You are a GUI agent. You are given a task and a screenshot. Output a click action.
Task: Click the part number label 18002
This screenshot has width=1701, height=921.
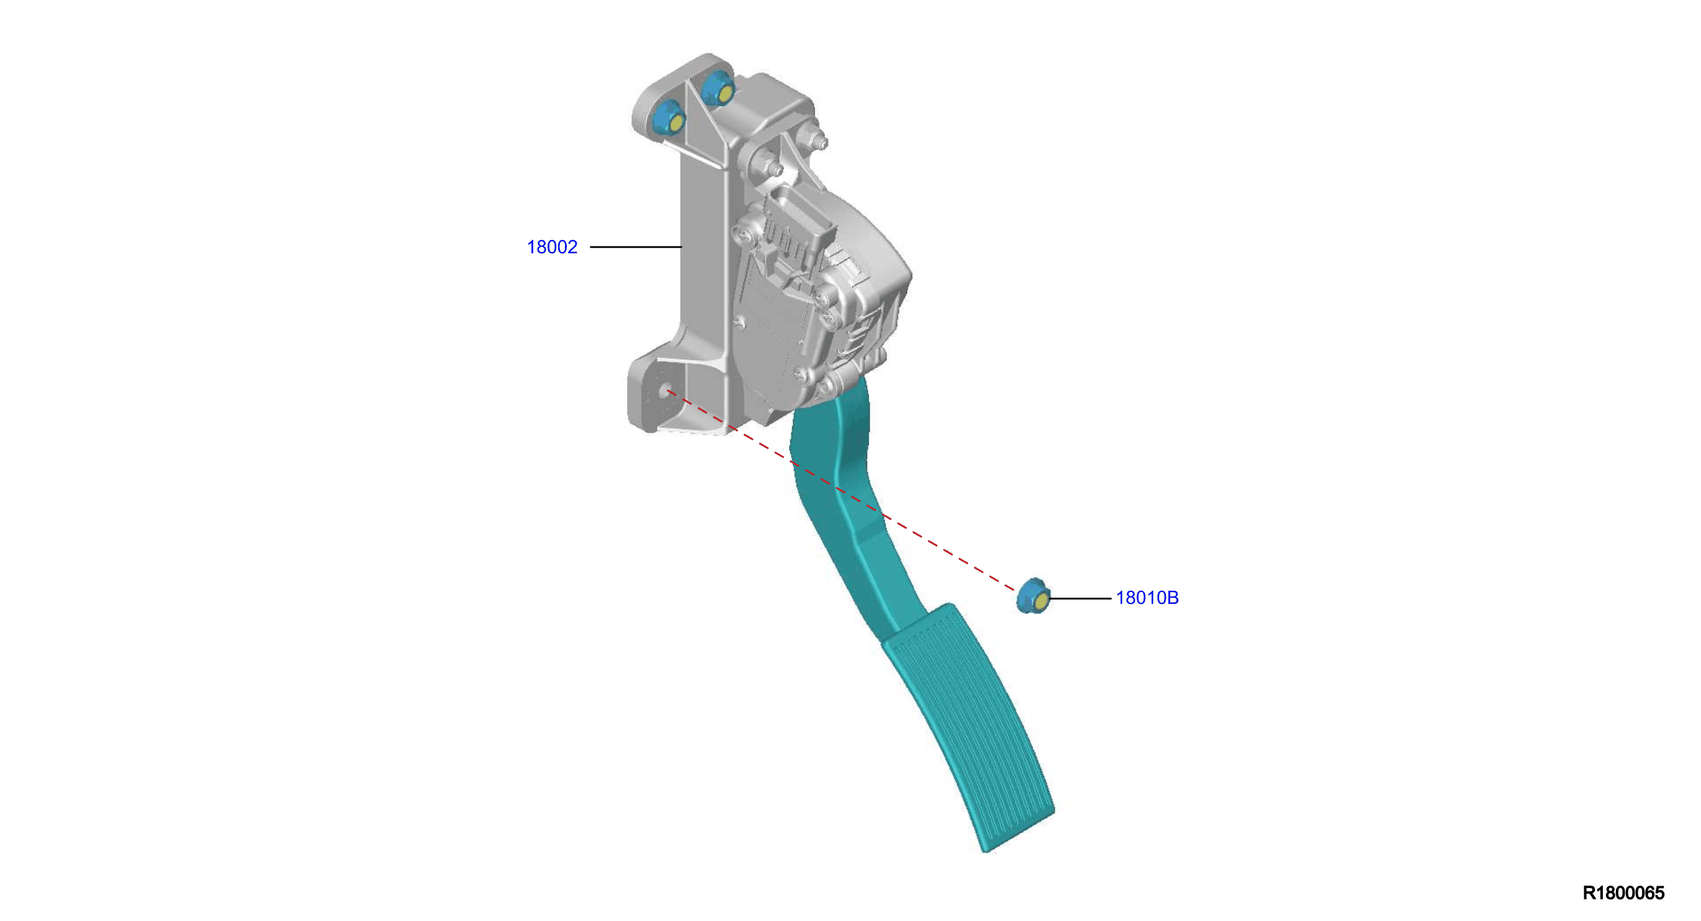552,247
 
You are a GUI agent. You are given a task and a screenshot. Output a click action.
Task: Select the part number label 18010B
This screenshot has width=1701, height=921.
1147,598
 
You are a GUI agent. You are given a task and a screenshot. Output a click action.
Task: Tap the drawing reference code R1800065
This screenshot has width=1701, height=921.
1623,892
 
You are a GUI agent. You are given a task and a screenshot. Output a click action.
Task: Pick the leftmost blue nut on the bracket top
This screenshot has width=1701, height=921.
667,120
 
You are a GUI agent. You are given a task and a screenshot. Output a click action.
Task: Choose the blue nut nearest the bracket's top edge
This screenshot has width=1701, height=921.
717,89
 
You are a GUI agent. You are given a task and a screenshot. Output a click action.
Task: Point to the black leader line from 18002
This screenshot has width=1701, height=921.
636,247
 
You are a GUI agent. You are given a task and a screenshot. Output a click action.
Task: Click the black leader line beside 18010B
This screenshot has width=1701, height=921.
1080,598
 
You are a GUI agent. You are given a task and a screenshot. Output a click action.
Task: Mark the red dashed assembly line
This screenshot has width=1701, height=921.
841,490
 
